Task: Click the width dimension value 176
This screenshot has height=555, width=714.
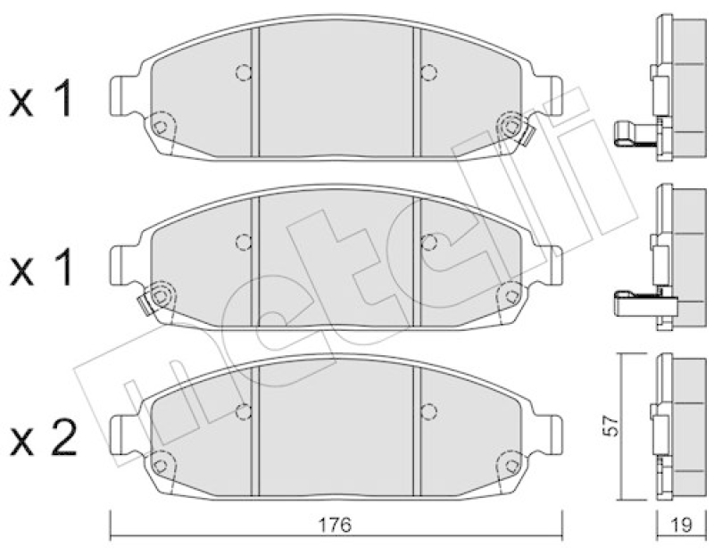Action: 335,525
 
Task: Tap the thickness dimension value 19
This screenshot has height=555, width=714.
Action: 681,525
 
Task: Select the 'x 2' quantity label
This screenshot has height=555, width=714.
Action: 43,437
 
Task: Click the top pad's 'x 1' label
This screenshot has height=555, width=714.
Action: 41,98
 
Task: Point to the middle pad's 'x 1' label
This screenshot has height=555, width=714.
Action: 41,268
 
